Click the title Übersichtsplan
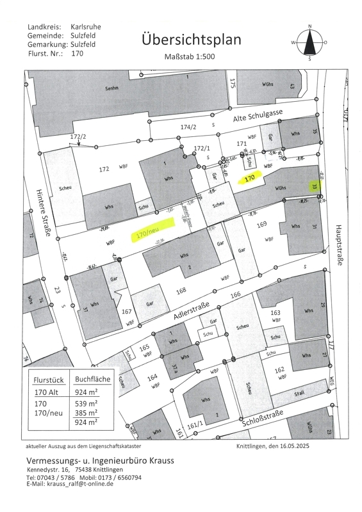[x=192, y=40]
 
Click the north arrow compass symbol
[x=309, y=42]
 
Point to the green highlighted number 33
[x=315, y=187]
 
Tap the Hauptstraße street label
[x=337, y=246]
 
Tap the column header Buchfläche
[x=92, y=379]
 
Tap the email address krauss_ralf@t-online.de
[x=80, y=484]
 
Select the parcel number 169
[x=261, y=225]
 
